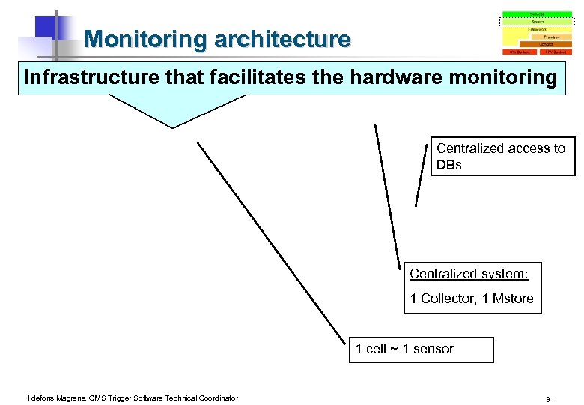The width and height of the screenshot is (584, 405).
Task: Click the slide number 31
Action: pyautogui.click(x=550, y=398)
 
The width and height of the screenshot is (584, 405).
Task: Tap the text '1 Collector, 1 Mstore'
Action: pyautogui.click(x=471, y=298)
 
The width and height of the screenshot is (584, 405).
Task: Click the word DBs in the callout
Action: pyautogui.click(x=449, y=165)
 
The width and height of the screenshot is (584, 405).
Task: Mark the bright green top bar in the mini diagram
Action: pyautogui.click(x=537, y=14)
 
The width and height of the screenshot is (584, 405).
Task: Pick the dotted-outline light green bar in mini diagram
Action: pyautogui.click(x=537, y=22)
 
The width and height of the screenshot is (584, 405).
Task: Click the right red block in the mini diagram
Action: pyautogui.click(x=555, y=52)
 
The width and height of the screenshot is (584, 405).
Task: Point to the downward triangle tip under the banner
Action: pyautogui.click(x=173, y=127)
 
